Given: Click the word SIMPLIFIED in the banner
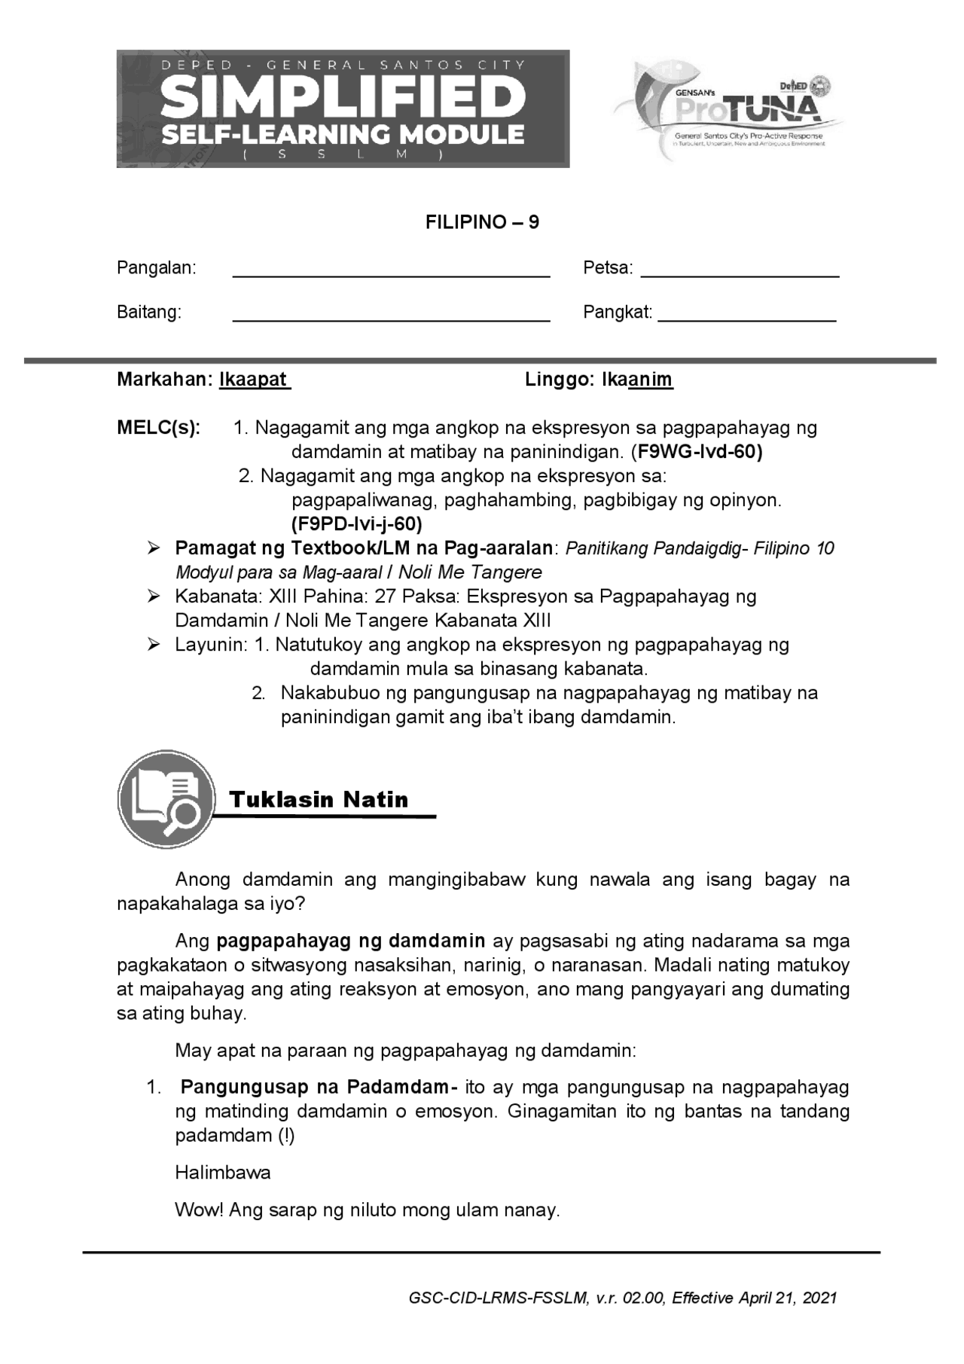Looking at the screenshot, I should click(343, 97).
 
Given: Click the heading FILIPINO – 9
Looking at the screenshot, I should click(482, 222).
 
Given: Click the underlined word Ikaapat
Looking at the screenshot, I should click(253, 380).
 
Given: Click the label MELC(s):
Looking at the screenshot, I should click(159, 428).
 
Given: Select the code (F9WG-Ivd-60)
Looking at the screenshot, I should click(697, 452).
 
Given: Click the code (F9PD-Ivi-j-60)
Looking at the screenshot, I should click(356, 523).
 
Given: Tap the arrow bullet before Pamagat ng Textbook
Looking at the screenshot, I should click(154, 548).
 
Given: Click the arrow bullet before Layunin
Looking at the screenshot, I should click(154, 645).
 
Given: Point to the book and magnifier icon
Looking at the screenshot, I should click(166, 798).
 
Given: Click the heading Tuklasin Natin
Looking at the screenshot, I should click(319, 799).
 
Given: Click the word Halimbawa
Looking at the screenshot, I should click(222, 1172).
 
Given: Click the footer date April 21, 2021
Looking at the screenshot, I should click(787, 1298).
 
